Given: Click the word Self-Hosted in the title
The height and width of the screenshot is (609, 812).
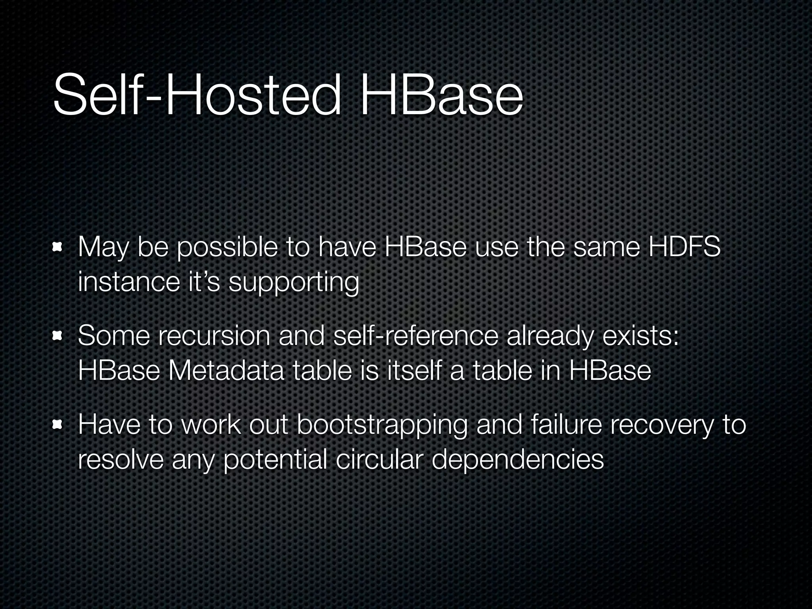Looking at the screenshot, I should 196,95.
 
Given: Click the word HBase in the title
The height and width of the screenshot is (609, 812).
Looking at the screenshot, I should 441,95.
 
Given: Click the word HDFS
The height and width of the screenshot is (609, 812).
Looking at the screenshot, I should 684,247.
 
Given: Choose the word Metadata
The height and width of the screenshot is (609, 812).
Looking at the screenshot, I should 226,371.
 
